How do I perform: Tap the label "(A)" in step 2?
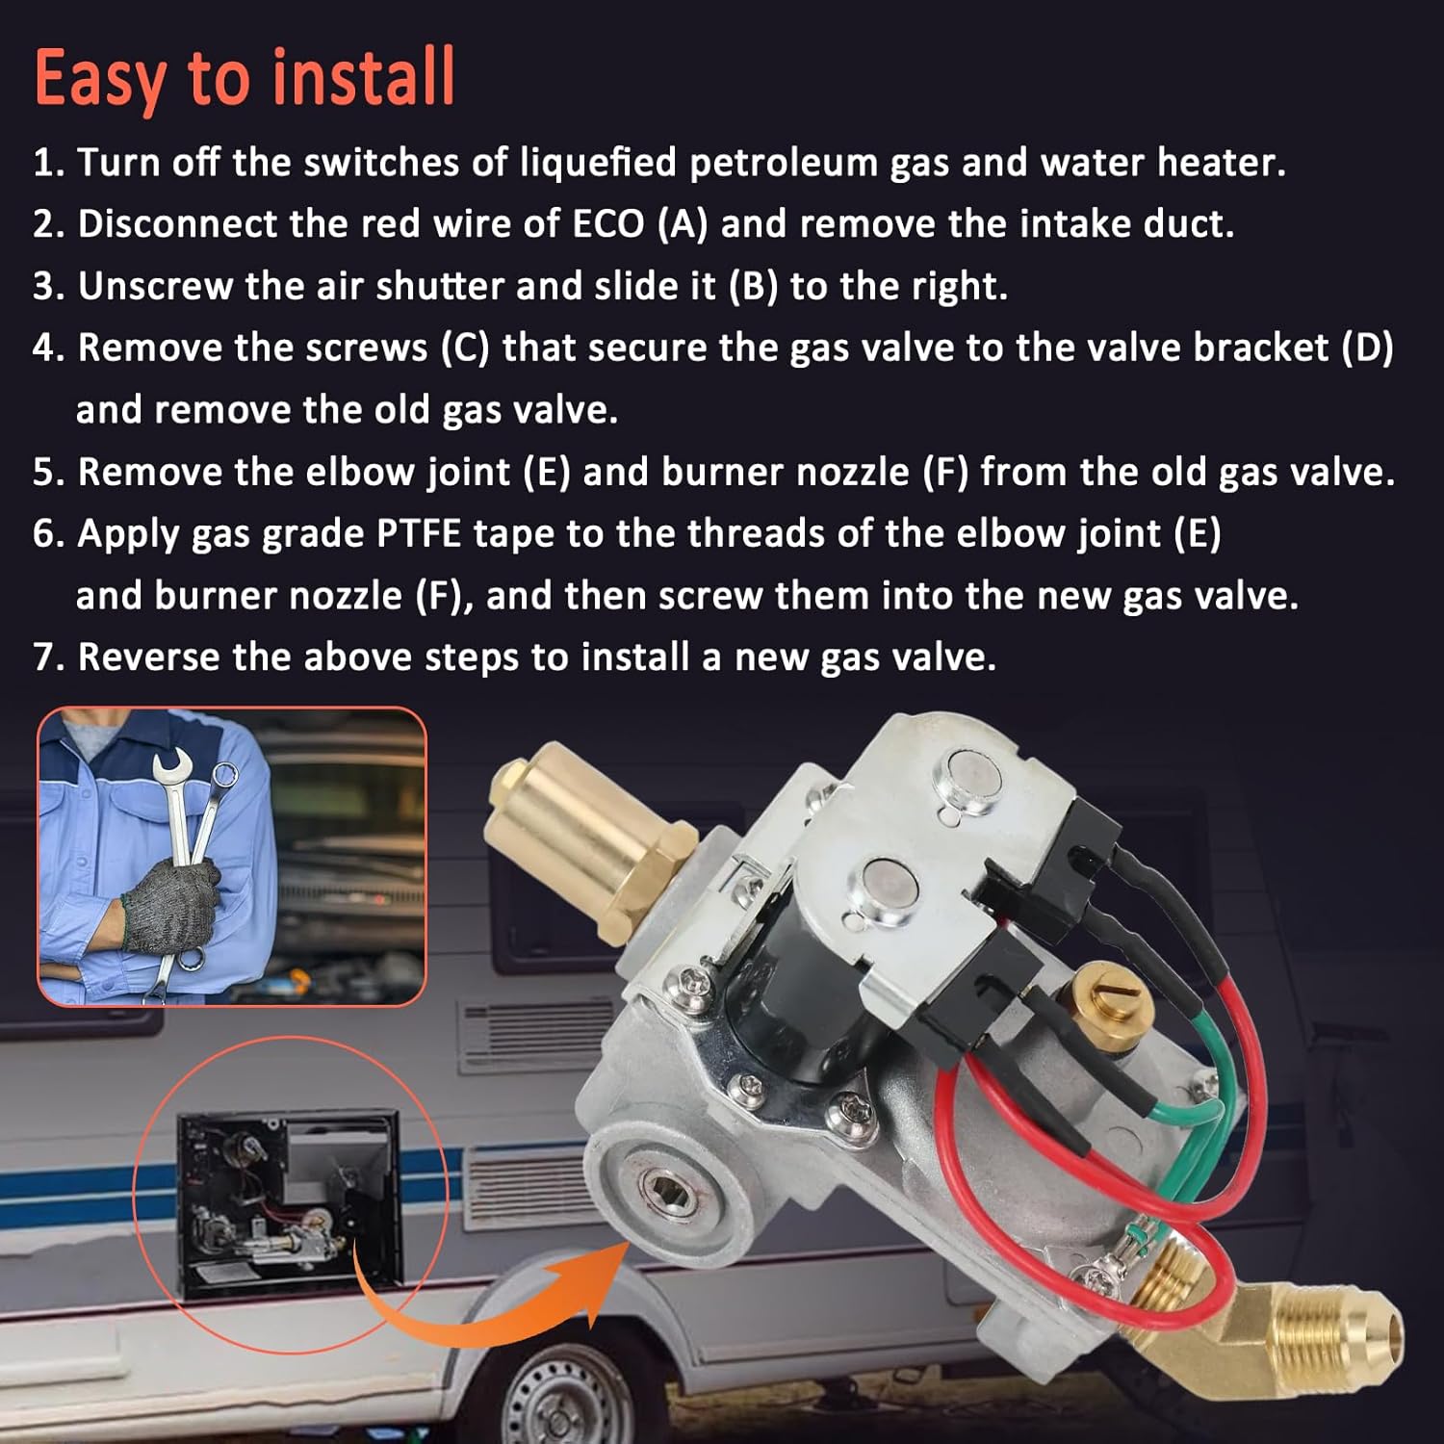coord(682,224)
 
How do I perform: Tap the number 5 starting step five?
coord(44,473)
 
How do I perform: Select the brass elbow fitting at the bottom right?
coord(1290,1333)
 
